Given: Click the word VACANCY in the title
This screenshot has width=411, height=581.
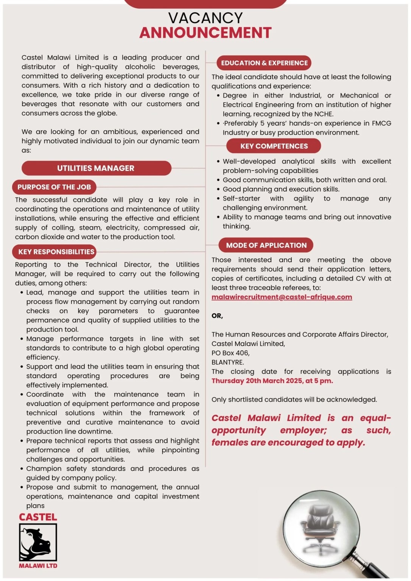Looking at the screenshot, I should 205,18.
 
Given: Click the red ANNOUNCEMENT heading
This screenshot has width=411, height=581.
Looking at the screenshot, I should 205,33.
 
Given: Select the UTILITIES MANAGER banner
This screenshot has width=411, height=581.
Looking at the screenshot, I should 96,168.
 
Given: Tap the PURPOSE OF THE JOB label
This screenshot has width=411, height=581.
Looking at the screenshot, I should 54,187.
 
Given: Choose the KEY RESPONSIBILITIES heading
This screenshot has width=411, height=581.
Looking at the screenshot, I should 56,252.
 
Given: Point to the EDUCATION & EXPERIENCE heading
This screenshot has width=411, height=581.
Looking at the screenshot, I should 264,63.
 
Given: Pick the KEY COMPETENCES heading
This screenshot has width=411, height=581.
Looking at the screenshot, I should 274,146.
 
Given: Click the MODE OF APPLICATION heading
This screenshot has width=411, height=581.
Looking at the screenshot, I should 266,245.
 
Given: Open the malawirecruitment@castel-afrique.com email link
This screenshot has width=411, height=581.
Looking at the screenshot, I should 282,297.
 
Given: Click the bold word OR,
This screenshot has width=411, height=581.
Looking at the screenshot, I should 217,315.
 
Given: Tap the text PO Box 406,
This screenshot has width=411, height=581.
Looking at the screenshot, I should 230,353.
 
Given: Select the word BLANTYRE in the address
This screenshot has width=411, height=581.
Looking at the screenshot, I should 227,362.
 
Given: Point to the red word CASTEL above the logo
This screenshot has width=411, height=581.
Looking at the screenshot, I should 38,517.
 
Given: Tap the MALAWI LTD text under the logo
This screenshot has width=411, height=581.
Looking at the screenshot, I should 38,566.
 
